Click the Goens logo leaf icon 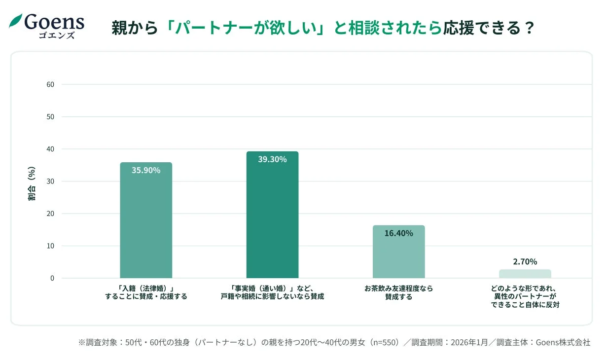point(15,21)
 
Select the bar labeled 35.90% point(146,222)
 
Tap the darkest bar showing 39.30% point(272,217)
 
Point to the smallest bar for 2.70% point(525,274)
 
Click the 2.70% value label point(525,262)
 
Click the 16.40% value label point(398,233)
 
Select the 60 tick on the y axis point(50,84)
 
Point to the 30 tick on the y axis point(50,181)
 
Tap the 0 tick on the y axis point(52,278)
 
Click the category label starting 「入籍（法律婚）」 point(146,292)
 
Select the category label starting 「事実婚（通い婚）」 point(272,292)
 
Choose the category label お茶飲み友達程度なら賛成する point(398,292)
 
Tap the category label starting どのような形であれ point(525,296)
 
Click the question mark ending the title point(529,28)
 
